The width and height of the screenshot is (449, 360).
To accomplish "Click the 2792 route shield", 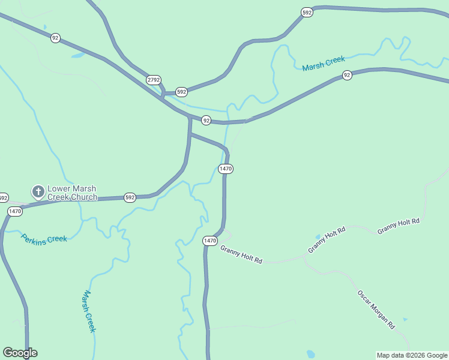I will [153, 80].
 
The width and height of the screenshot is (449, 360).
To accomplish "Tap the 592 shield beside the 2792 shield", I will [181, 92].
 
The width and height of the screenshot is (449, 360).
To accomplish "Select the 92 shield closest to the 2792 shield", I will [206, 121].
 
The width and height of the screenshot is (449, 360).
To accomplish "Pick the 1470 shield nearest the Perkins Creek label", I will [15, 211].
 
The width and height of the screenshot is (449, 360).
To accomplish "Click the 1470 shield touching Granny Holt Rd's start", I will [209, 241].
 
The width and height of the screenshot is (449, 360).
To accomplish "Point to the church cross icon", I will [38, 192].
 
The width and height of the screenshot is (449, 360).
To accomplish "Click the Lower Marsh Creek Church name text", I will [72, 193].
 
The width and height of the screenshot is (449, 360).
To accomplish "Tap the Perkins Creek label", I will [44, 238].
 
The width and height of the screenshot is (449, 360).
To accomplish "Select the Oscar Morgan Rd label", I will [376, 310].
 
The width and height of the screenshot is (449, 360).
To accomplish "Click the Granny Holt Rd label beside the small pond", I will [327, 239].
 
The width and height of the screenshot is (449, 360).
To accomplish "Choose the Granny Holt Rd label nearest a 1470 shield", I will [241, 254].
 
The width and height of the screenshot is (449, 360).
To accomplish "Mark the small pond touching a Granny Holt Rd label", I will [318, 237].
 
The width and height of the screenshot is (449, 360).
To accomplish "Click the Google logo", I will [20, 353].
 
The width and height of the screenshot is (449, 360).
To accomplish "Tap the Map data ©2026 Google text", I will [412, 355].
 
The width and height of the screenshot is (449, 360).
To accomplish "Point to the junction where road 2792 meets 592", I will [163, 95].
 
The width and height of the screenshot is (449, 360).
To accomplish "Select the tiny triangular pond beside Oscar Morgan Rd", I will [405, 319].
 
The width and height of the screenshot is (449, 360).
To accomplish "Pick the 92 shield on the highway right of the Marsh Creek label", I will [347, 75].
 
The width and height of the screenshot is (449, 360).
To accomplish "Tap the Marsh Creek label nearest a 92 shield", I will [324, 63].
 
